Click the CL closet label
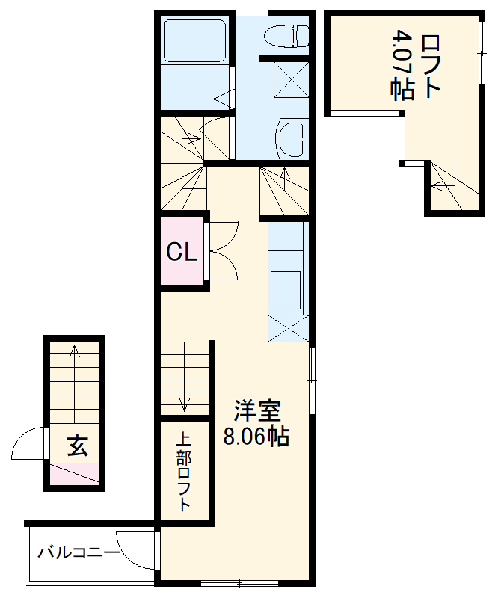point(182,253)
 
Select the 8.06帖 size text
point(256,436)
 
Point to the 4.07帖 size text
point(404,66)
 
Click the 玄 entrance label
point(77,446)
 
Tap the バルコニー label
point(78,554)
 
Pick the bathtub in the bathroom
point(195,42)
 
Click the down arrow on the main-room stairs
point(185,404)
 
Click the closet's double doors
point(223,251)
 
